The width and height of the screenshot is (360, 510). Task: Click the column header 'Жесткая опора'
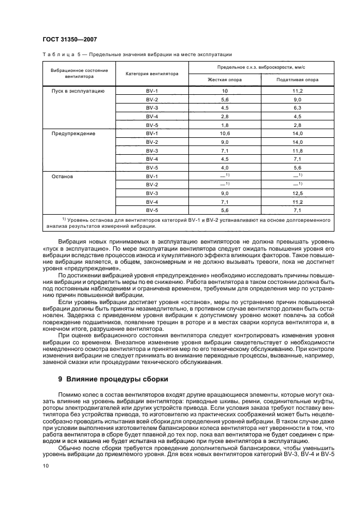point(224,80)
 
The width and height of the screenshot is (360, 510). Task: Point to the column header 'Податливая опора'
point(297,80)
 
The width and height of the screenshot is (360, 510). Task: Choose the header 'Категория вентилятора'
point(152,74)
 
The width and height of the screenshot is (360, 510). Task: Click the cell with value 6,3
point(297,108)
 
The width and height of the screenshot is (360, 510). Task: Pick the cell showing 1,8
point(224,125)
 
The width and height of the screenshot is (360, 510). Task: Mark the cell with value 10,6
point(224,133)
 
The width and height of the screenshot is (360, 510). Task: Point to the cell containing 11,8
point(297,151)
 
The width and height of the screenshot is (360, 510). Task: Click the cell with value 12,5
point(297,194)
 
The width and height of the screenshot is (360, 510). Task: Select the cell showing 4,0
point(224,168)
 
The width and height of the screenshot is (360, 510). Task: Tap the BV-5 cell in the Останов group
point(152,211)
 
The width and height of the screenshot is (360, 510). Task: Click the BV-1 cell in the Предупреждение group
point(152,133)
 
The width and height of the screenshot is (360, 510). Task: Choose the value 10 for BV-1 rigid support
point(224,90)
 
